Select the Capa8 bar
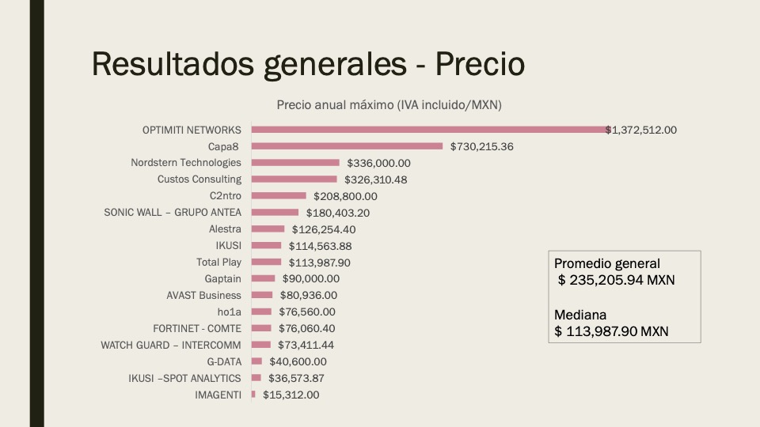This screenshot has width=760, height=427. (347, 146)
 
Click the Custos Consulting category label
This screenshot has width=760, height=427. (199, 179)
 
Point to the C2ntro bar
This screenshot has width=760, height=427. (279, 196)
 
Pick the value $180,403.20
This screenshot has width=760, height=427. (338, 213)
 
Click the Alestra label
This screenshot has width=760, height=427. (225, 229)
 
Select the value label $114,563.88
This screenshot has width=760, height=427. (320, 246)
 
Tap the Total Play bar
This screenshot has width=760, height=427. (266, 262)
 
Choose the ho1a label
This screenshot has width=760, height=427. (229, 312)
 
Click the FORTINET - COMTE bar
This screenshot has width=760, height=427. (261, 328)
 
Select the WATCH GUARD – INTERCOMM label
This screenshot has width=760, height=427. (171, 345)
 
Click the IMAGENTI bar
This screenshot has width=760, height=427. (253, 394)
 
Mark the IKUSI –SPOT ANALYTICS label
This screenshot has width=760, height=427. (184, 378)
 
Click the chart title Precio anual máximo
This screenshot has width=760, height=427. (389, 104)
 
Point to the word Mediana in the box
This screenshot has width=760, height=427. (579, 313)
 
